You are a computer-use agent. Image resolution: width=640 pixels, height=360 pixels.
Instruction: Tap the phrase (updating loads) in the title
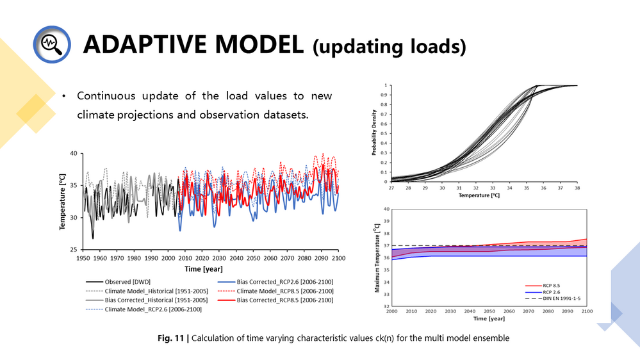389,47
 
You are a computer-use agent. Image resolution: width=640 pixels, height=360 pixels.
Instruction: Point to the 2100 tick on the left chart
338,258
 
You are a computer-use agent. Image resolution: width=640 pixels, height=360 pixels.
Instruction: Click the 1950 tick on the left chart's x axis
83,258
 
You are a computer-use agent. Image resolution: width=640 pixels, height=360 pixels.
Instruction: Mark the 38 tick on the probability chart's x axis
577,188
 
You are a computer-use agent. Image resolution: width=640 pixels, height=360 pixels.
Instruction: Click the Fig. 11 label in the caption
174,338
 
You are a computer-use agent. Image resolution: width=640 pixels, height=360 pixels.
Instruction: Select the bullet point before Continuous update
65,97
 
